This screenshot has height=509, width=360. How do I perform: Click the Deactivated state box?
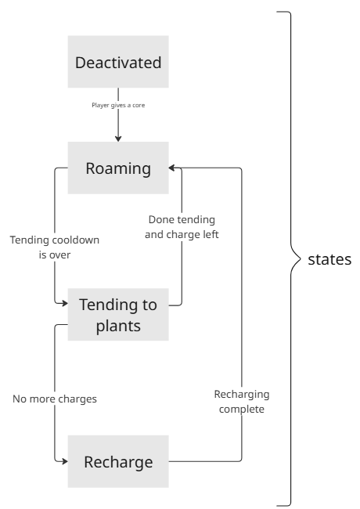(x=118, y=62)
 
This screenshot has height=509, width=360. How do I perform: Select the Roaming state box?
(x=118, y=168)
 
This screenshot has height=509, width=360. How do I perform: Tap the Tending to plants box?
(x=118, y=314)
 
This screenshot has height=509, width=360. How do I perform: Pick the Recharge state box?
(x=118, y=461)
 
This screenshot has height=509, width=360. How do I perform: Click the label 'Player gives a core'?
(x=118, y=103)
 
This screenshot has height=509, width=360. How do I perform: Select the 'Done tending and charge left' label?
(x=182, y=226)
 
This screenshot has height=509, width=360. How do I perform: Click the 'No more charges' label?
(x=55, y=399)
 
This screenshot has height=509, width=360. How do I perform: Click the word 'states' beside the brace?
(x=328, y=259)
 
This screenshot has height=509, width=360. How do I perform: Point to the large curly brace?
(x=291, y=258)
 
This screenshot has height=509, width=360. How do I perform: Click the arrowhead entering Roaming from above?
(x=118, y=139)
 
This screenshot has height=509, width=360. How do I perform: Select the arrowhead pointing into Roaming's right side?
(x=173, y=168)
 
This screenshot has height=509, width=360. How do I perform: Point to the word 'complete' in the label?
(x=240, y=410)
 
